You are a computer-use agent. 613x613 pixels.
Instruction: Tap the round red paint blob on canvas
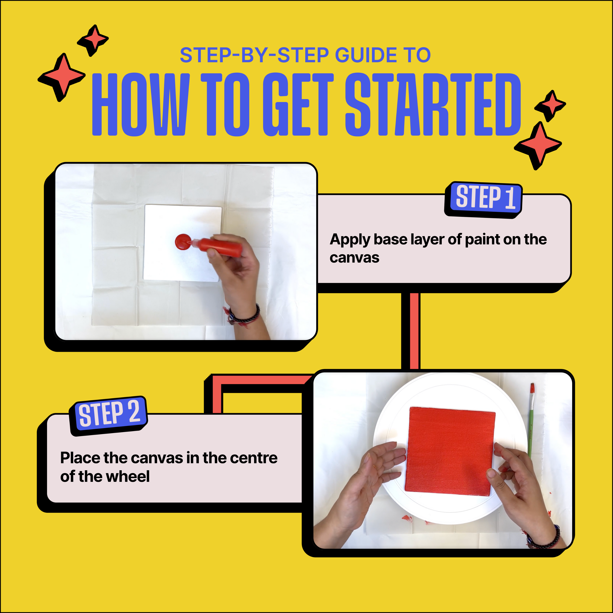(x=183, y=242)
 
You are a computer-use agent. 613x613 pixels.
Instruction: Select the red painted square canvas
(x=450, y=452)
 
